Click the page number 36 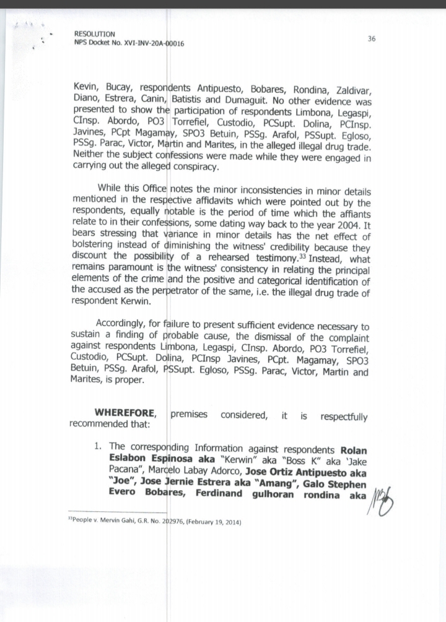point(372,38)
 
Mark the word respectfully point(344,417)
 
